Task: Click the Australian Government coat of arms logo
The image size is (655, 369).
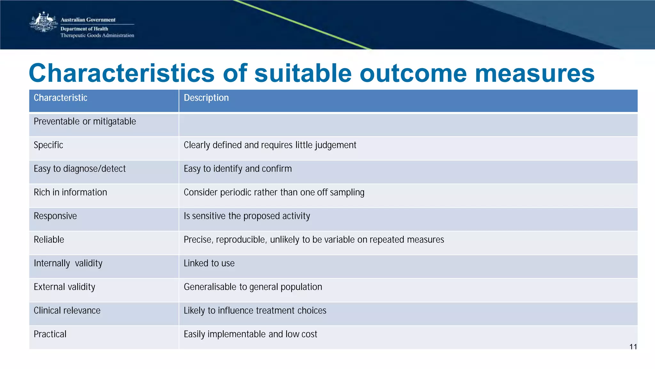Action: coord(43,22)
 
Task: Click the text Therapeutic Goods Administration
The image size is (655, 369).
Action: coord(97,36)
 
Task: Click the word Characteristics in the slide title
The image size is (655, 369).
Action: coord(122,73)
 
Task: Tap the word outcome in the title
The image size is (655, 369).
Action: coord(413,73)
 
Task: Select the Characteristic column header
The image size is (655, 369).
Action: coord(60,98)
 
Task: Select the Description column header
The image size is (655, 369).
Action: coord(206,98)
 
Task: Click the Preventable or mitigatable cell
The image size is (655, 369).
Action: coord(85,122)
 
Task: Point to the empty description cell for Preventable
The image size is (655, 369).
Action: coord(408,125)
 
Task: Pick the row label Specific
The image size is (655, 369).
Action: coord(48,145)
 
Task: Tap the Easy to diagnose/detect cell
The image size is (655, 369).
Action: coord(80,169)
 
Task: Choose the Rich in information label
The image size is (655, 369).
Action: coord(70,192)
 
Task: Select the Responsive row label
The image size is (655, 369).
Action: coord(55,216)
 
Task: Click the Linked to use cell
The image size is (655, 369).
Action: coord(209,263)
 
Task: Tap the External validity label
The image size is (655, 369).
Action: coord(65,287)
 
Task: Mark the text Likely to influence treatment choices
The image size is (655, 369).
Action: coord(255,310)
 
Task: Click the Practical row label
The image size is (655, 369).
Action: coord(50,334)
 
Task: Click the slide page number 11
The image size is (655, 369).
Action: coord(633,347)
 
